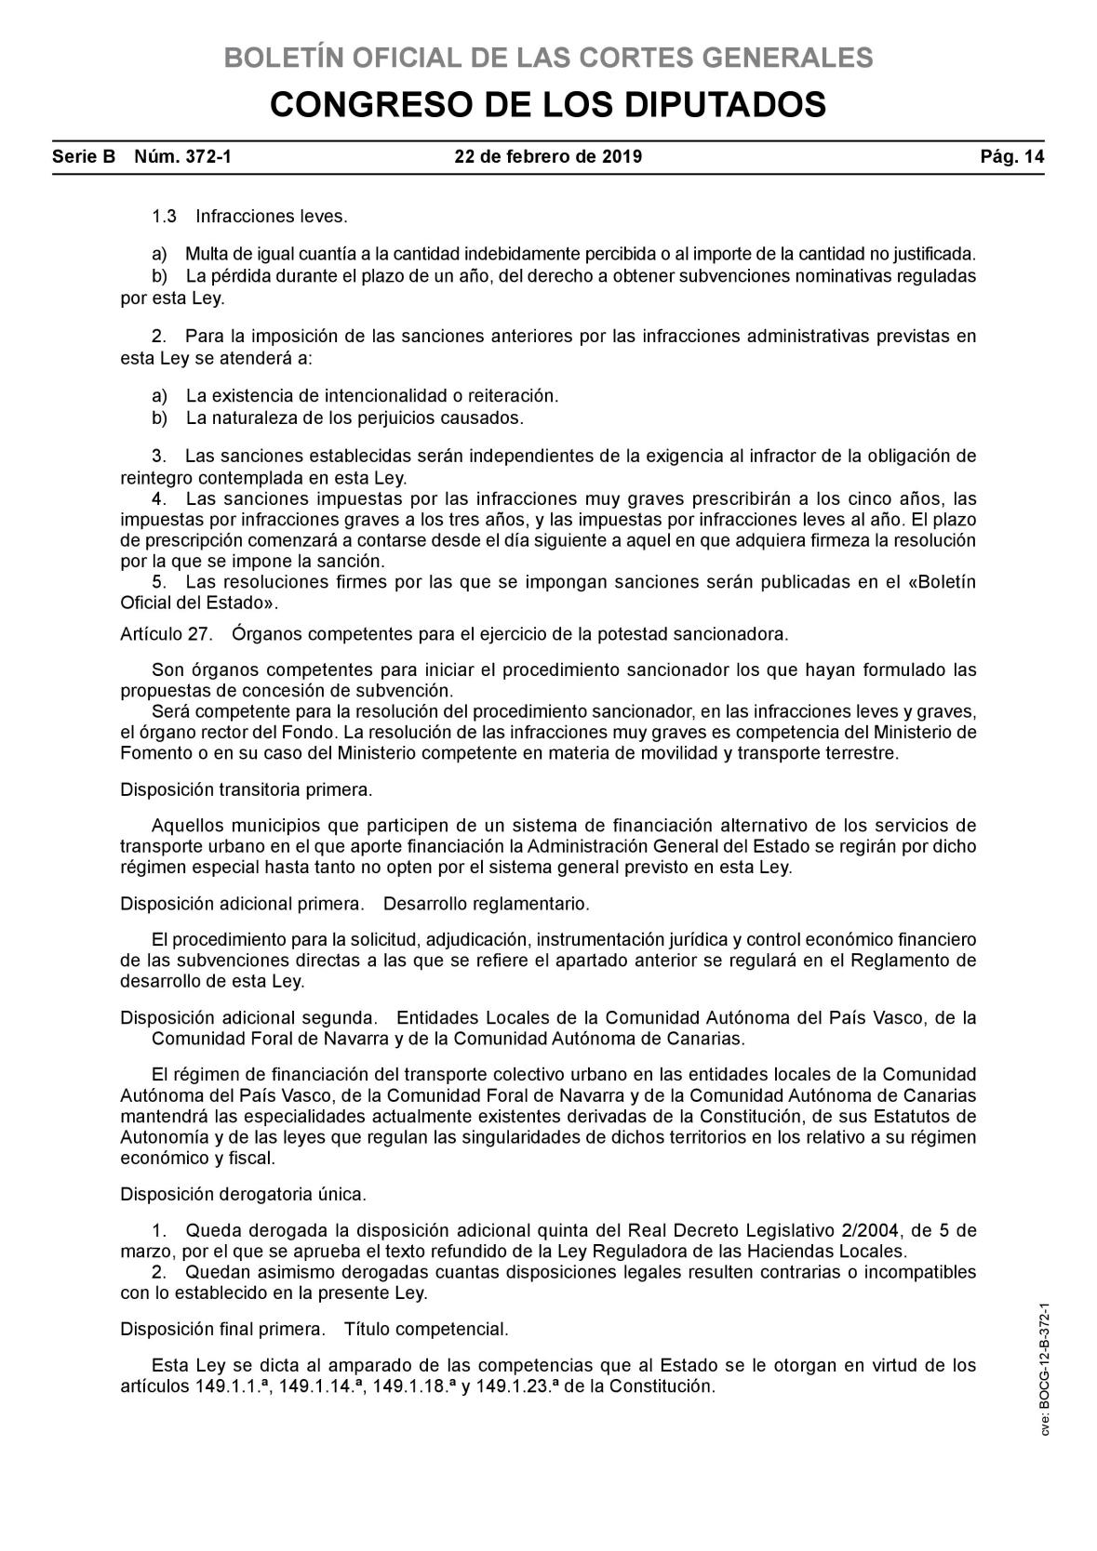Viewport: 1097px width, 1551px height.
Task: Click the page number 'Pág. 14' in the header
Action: (x=1012, y=157)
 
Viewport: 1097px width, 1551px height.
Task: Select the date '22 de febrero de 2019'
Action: (x=548, y=157)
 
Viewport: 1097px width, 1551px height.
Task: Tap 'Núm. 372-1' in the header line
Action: (x=183, y=157)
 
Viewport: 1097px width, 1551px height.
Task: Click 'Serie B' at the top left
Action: (x=84, y=157)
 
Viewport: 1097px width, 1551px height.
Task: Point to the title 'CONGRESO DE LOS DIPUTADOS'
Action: (x=548, y=105)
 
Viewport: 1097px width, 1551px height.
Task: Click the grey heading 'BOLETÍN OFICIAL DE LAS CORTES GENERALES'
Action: (x=548, y=58)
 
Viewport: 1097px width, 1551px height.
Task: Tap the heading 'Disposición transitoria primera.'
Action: (x=247, y=790)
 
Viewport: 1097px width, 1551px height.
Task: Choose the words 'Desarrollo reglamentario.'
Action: (x=487, y=904)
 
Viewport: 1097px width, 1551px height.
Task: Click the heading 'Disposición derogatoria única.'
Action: (x=244, y=1193)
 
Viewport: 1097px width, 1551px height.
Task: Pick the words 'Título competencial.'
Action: (x=426, y=1330)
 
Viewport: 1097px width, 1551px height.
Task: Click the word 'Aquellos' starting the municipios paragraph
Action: (x=183, y=826)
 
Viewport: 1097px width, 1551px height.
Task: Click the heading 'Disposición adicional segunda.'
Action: (x=249, y=1017)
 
